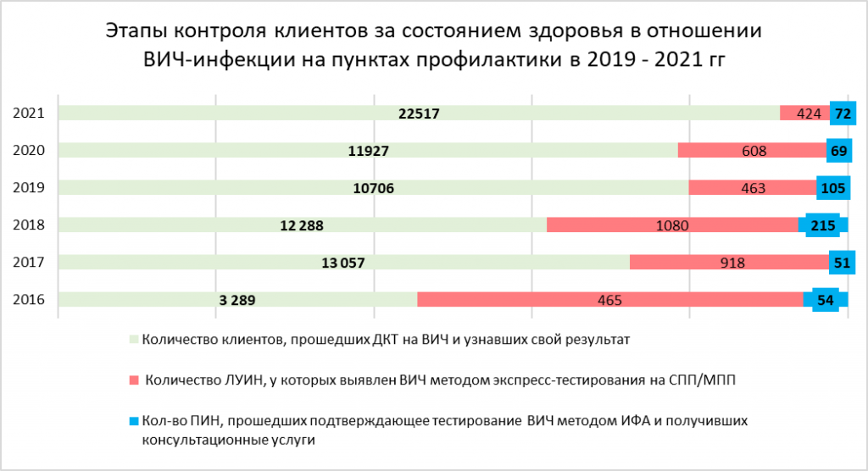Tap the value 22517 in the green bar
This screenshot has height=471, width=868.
419,114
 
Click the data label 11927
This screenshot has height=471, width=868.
369,152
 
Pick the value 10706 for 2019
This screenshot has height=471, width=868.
374,188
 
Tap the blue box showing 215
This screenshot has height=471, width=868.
823,225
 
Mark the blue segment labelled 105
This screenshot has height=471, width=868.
832,188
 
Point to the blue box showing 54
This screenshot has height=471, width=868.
826,300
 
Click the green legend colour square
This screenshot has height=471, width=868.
134,341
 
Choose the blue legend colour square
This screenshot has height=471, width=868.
134,420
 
